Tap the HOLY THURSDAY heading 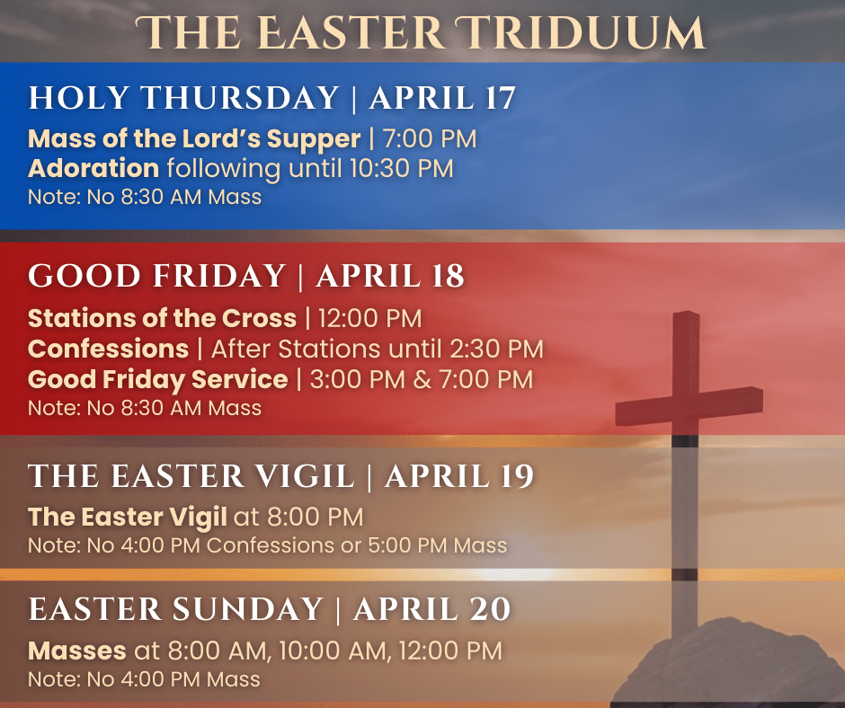(x=183, y=98)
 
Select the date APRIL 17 (x=442, y=98)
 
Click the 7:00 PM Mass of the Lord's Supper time (x=430, y=139)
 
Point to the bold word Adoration (x=93, y=168)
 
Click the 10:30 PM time (x=401, y=169)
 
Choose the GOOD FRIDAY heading (x=156, y=276)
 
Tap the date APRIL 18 (x=390, y=276)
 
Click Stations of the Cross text (x=162, y=318)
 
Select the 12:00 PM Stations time (x=369, y=318)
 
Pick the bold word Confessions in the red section (x=108, y=349)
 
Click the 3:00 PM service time (x=357, y=379)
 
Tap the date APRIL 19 (x=459, y=476)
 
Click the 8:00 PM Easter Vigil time (x=316, y=517)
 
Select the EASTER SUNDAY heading (x=175, y=609)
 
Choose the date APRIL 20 (x=431, y=609)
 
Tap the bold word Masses (x=77, y=650)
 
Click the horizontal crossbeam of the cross (x=689, y=406)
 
